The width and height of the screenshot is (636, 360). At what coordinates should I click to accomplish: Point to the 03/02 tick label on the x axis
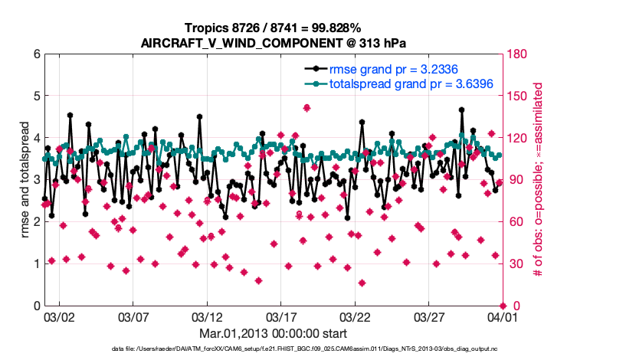[59, 316]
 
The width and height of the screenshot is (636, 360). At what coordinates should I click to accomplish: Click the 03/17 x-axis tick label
[281, 316]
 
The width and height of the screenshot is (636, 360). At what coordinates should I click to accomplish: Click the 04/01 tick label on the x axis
[503, 316]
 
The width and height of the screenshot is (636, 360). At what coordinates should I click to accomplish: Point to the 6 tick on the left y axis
[36, 54]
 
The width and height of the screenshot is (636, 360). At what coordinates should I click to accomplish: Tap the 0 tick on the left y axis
[36, 306]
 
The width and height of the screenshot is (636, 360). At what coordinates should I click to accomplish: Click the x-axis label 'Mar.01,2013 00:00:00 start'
[273, 333]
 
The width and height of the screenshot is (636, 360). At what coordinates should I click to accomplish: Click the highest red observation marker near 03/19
[307, 108]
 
